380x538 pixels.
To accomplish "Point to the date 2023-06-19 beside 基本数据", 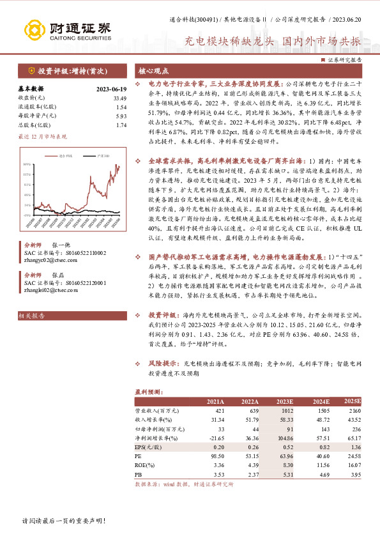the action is coord(111,89).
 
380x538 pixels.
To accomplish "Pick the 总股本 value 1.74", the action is coord(121,125).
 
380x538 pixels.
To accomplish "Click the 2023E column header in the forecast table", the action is coord(284,401).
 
